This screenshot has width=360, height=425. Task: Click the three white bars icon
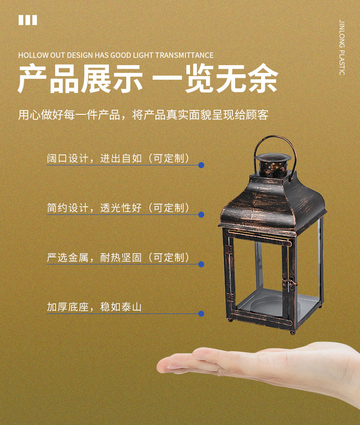(x=28, y=20)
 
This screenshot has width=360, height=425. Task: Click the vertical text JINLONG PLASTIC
(x=342, y=47)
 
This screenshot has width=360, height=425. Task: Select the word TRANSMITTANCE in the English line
(x=185, y=55)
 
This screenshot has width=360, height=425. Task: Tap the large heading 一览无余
(x=215, y=79)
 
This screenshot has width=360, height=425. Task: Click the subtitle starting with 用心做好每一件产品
(x=144, y=115)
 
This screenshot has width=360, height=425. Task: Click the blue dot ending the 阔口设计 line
(x=201, y=165)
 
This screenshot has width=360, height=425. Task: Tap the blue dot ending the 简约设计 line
(x=201, y=215)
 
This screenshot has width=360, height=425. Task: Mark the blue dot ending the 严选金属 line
(x=201, y=264)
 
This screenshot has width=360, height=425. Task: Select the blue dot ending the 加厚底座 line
(x=201, y=314)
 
